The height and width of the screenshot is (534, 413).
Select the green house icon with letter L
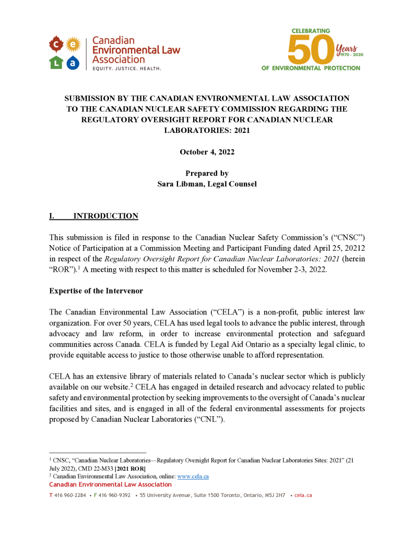56,62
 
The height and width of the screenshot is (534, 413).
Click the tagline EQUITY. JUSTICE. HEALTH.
127,68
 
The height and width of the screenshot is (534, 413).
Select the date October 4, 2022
207,152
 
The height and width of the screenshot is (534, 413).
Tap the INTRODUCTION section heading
105,216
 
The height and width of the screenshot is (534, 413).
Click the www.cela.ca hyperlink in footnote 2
193,477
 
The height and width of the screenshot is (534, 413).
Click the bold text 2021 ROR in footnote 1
130,469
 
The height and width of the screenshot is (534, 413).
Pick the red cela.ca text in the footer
303,495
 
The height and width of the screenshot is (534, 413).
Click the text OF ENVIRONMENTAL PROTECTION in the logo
311,68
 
